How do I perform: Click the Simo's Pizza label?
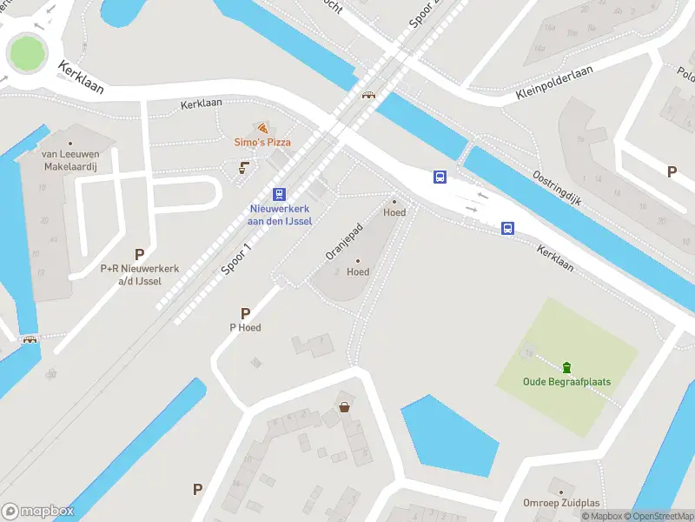262,142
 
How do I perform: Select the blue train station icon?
279,194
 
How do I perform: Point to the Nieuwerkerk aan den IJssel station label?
279,215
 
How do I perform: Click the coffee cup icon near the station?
244,167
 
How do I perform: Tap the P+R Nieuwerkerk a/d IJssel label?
139,274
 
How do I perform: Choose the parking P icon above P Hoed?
246,313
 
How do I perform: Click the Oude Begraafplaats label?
555,381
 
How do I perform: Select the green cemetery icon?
566,366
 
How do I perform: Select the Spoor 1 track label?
236,258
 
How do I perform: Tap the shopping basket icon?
345,405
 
